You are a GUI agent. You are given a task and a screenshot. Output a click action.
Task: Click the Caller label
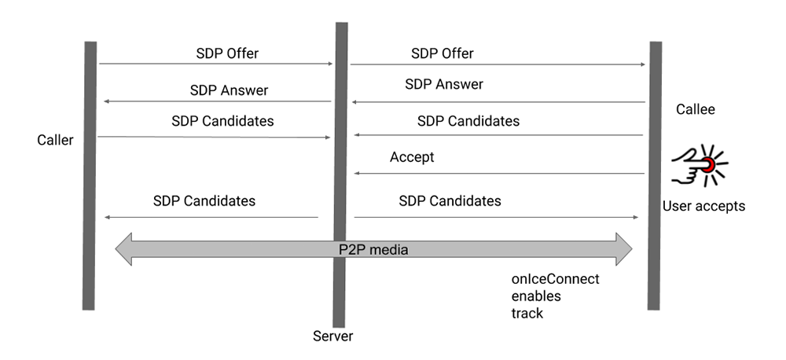[55, 141]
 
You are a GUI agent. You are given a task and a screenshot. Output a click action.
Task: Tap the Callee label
[696, 109]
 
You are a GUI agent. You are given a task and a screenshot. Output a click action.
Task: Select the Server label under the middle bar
[332, 336]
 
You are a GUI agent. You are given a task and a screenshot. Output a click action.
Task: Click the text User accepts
[703, 207]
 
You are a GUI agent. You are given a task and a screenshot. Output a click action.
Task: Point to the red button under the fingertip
[708, 164]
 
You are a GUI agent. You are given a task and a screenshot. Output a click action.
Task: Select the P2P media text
[373, 249]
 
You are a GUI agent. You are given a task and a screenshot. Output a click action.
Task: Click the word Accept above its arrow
[412, 157]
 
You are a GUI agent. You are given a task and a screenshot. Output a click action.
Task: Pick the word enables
[535, 296]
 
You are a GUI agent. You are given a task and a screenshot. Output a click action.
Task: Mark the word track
[527, 313]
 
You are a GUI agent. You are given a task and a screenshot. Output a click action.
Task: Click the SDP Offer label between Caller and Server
[227, 53]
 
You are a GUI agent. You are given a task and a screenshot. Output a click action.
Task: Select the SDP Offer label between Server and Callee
[443, 53]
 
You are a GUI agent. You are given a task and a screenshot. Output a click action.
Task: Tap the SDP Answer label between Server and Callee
[444, 84]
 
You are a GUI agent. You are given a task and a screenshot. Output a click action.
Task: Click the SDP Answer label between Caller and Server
[229, 90]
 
